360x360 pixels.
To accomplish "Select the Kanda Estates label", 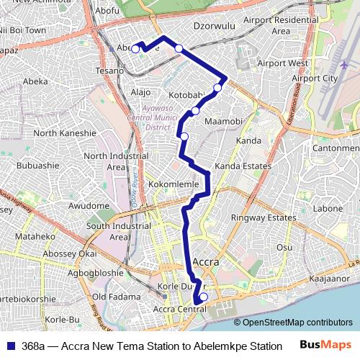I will (x=243, y=166).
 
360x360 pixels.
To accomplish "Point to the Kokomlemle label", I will (x=174, y=184).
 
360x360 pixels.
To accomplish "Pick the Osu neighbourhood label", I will (x=285, y=247).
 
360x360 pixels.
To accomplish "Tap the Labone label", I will (x=328, y=209).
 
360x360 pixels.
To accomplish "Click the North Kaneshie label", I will (x=65, y=133).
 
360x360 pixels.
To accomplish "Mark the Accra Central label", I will (x=180, y=310).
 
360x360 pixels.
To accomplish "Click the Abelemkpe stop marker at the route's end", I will (x=135, y=48).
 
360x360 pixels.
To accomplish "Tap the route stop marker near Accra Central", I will (x=203, y=297).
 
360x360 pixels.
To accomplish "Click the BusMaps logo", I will (x=325, y=345).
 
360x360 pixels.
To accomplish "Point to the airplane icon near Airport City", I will (x=344, y=65).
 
